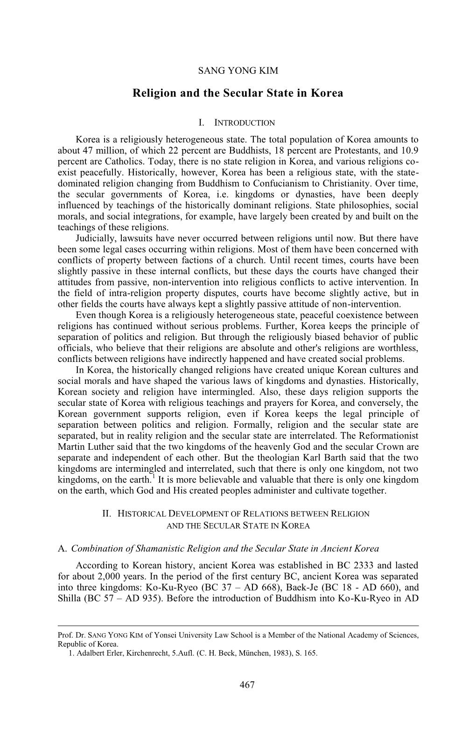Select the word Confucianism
253,183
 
